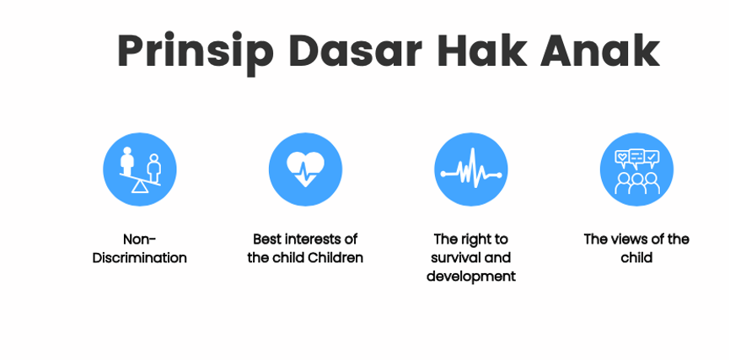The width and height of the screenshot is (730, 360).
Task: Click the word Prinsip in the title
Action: pyautogui.click(x=195, y=52)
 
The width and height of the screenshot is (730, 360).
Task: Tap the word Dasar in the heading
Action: pyautogui.click(x=355, y=51)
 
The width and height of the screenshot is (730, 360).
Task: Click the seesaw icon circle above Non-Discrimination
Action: pyautogui.click(x=140, y=169)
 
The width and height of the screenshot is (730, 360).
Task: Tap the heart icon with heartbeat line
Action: pyautogui.click(x=305, y=169)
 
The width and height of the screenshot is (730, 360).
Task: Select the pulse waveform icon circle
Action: pyautogui.click(x=471, y=169)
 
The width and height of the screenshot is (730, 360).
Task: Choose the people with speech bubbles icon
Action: pyautogui.click(x=637, y=169)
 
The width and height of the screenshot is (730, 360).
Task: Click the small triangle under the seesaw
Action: pyautogui.click(x=139, y=187)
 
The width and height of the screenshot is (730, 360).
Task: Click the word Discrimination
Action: pyautogui.click(x=140, y=257)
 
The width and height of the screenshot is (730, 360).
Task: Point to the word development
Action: pyautogui.click(x=471, y=277)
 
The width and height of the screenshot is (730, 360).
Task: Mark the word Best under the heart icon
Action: pyautogui.click(x=267, y=239)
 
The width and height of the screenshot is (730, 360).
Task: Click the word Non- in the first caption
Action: pyautogui.click(x=140, y=239)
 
